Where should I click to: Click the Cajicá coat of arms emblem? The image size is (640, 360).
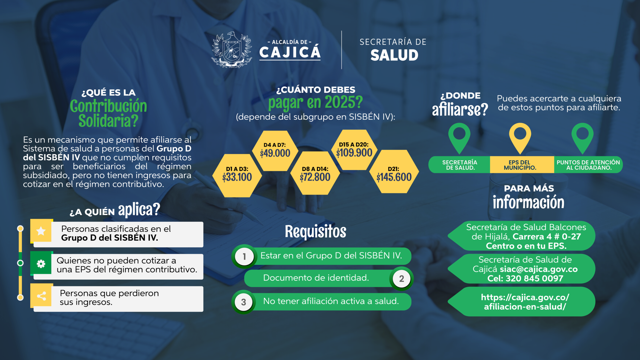click(x=232, y=50)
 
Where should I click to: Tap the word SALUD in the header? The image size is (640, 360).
click(x=394, y=55)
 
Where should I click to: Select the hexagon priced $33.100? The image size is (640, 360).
click(x=237, y=175)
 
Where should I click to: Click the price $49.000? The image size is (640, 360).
click(x=275, y=153)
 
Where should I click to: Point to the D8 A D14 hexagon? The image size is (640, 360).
click(x=315, y=173)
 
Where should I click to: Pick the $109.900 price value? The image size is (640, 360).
click(x=354, y=153)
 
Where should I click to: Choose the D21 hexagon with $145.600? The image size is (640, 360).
click(x=394, y=172)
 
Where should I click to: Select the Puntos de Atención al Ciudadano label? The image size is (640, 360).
click(x=588, y=165)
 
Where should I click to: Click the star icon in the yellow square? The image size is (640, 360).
click(x=41, y=231)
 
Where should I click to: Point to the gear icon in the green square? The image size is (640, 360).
click(x=41, y=264)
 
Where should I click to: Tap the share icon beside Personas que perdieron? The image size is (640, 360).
click(x=41, y=296)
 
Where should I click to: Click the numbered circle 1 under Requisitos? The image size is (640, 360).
click(x=244, y=256)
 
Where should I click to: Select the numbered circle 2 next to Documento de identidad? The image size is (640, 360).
click(x=402, y=279)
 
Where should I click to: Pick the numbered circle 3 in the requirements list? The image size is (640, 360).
click(x=244, y=302)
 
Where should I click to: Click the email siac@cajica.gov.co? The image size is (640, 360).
click(x=539, y=269)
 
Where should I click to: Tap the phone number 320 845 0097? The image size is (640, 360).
click(x=534, y=278)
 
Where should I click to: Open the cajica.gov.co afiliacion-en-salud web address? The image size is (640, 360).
click(x=525, y=302)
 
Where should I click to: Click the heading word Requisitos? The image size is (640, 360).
click(x=316, y=231)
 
